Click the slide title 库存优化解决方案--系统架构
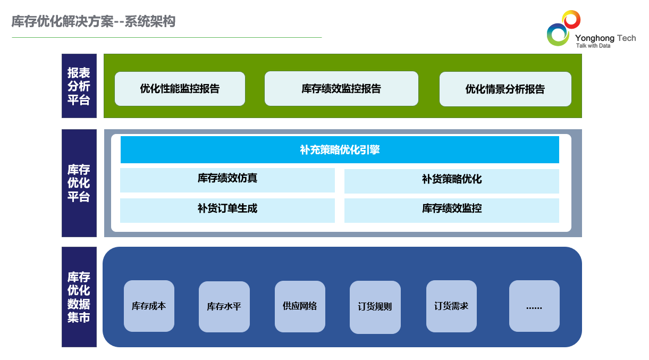(x=94, y=21)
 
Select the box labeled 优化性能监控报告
(x=180, y=89)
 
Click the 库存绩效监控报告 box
(x=341, y=88)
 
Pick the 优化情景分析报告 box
(x=505, y=89)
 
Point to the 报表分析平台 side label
(x=79, y=86)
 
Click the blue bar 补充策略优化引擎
(x=340, y=149)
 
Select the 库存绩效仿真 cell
(x=227, y=180)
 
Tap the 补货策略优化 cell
(x=452, y=181)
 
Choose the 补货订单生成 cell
(x=227, y=211)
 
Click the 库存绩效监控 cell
(x=452, y=211)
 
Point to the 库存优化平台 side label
(x=79, y=183)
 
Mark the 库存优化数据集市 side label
(x=79, y=297)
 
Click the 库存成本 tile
(x=149, y=306)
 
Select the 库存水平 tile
(x=224, y=307)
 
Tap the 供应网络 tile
(x=300, y=306)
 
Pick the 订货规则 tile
(x=375, y=307)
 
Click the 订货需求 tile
(x=451, y=306)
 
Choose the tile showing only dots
(x=534, y=306)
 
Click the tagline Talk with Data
(x=593, y=46)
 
